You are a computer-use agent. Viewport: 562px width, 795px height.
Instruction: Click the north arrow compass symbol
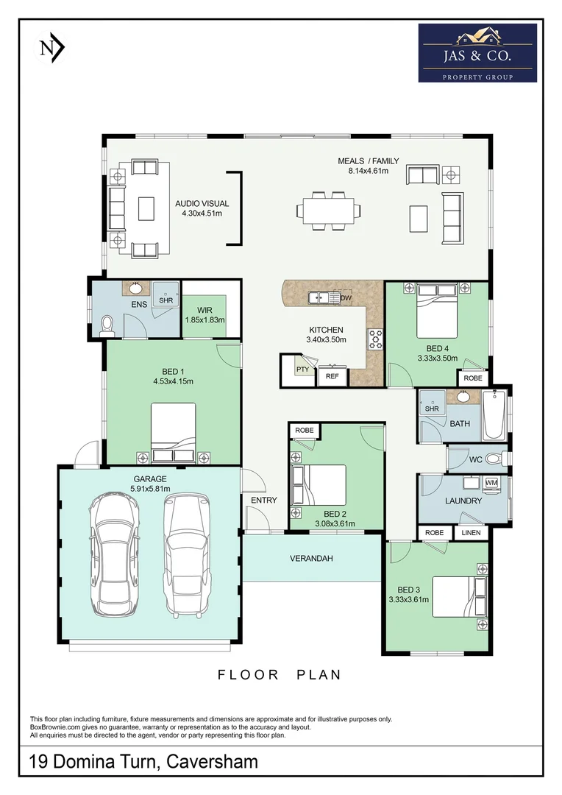52,48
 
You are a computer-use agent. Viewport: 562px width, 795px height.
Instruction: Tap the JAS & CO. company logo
477,53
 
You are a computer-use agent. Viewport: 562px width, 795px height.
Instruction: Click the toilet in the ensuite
107,323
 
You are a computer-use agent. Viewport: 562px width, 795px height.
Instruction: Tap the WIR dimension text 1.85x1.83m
204,320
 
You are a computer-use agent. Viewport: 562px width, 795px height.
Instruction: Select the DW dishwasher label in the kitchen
346,297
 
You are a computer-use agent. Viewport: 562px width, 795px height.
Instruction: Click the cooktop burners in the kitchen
375,339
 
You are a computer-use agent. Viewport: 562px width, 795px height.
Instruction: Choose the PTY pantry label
302,370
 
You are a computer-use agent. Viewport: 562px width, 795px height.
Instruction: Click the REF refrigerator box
332,376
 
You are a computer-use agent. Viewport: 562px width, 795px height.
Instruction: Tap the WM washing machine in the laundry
491,483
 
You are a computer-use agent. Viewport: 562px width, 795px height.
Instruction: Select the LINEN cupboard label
470,533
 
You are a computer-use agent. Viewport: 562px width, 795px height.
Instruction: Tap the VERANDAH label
312,559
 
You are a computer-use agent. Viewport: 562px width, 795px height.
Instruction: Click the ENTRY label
263,501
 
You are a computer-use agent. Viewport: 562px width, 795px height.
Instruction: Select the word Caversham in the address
213,761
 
